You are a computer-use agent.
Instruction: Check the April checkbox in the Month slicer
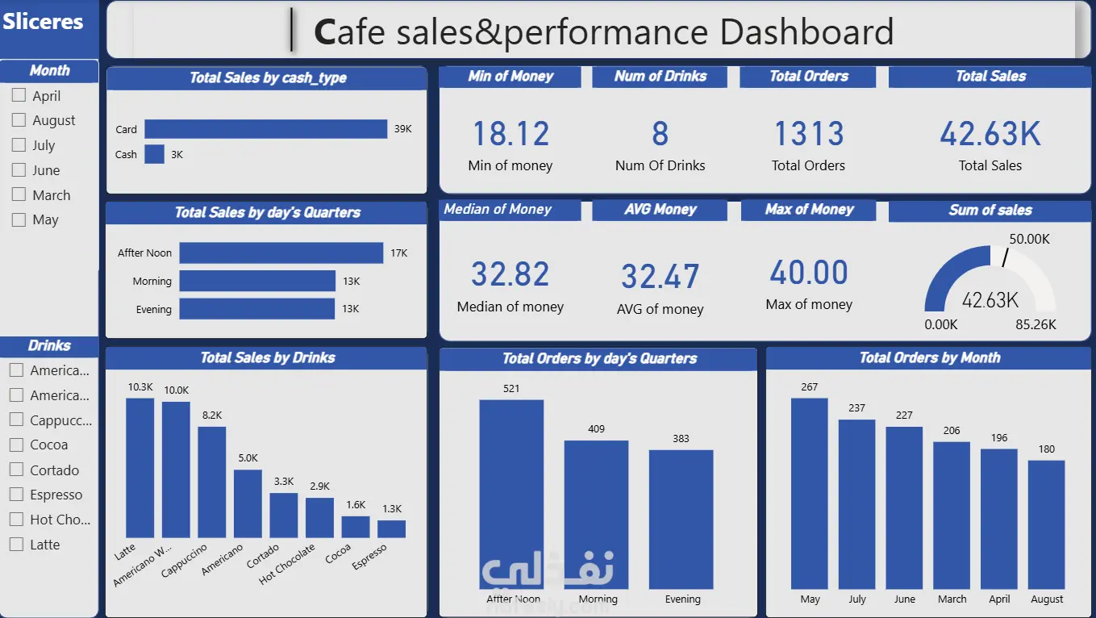tap(19, 95)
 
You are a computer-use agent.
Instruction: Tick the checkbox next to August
tap(19, 120)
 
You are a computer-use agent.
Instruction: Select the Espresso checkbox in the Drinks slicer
tap(15, 495)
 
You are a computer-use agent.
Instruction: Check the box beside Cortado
tap(15, 470)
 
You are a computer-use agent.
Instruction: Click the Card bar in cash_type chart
tap(265, 129)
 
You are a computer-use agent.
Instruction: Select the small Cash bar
tap(154, 154)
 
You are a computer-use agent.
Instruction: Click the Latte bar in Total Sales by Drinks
tap(140, 468)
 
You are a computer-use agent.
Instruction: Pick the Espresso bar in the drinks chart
tap(391, 528)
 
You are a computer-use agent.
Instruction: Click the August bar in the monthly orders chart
tap(1046, 524)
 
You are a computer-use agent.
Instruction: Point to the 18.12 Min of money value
tap(510, 134)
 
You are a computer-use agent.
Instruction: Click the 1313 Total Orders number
tap(808, 134)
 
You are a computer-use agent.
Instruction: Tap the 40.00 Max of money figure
tap(808, 273)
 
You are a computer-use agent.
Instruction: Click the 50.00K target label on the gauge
tap(1029, 239)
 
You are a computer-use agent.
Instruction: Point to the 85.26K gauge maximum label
tap(1036, 324)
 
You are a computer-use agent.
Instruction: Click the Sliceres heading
tap(43, 22)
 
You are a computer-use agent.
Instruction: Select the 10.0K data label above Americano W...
tap(176, 390)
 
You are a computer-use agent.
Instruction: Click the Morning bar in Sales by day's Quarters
tap(257, 281)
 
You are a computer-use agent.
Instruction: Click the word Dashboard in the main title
tap(806, 32)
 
